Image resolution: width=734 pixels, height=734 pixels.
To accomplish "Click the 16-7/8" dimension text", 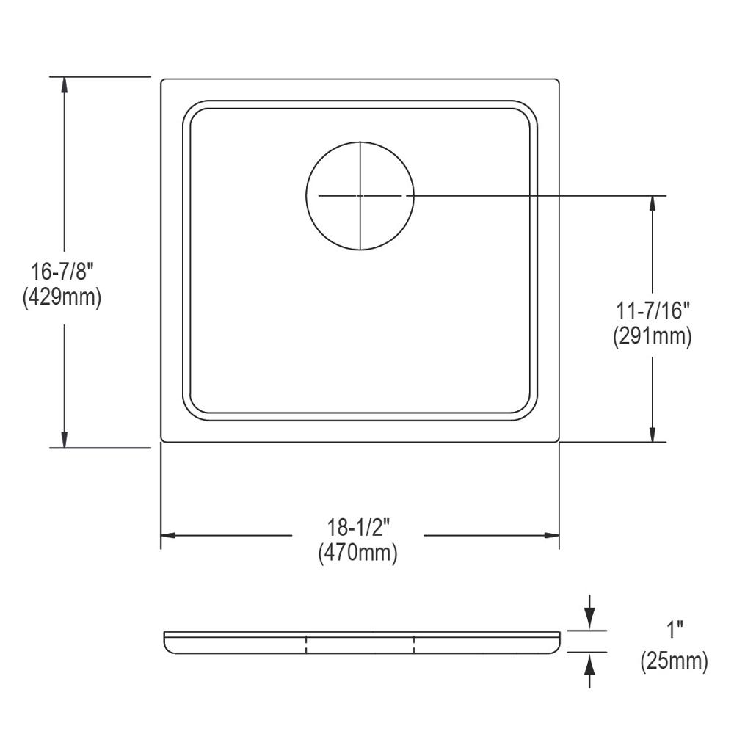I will [x=65, y=273].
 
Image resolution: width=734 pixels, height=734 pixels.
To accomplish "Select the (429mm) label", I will [x=65, y=298].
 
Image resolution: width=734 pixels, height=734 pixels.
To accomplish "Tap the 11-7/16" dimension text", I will [x=652, y=310].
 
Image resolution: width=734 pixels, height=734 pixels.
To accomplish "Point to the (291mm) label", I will [x=652, y=336].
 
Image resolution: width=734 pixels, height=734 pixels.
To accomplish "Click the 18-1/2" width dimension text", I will [x=358, y=527].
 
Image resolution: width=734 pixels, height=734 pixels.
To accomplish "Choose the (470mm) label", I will [x=358, y=553].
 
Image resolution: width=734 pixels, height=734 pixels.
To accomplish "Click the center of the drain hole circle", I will [x=360, y=195].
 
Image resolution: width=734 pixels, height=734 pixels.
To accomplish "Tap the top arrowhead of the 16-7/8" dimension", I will [x=65, y=84].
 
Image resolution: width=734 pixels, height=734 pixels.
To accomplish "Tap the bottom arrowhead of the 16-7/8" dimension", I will [x=65, y=439].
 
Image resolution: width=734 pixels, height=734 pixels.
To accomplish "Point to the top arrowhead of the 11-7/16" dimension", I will [x=652, y=203].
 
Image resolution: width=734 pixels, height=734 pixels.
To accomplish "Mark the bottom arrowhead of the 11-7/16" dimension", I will [x=652, y=434].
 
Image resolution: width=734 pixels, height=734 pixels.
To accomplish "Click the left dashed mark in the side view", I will [x=305, y=644].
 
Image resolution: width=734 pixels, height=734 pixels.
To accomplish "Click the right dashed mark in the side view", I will [x=414, y=644].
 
